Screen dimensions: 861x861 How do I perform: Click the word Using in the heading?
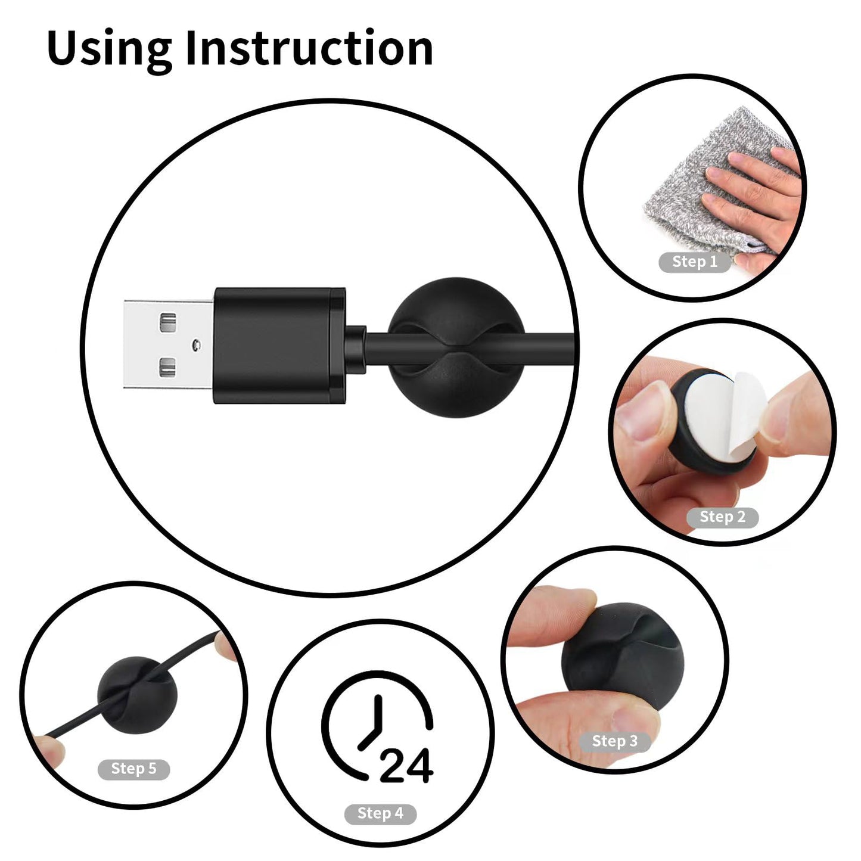[109, 49]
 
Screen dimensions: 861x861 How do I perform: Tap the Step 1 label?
[695, 262]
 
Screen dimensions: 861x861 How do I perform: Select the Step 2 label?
[722, 517]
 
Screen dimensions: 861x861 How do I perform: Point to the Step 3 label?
[614, 741]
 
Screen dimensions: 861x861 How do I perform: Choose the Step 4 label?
[380, 813]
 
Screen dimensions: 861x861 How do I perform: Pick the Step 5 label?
[133, 769]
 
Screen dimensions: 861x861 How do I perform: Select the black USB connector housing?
[278, 345]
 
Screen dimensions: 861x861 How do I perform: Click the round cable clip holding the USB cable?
[456, 347]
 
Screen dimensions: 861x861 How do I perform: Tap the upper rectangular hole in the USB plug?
[169, 322]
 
